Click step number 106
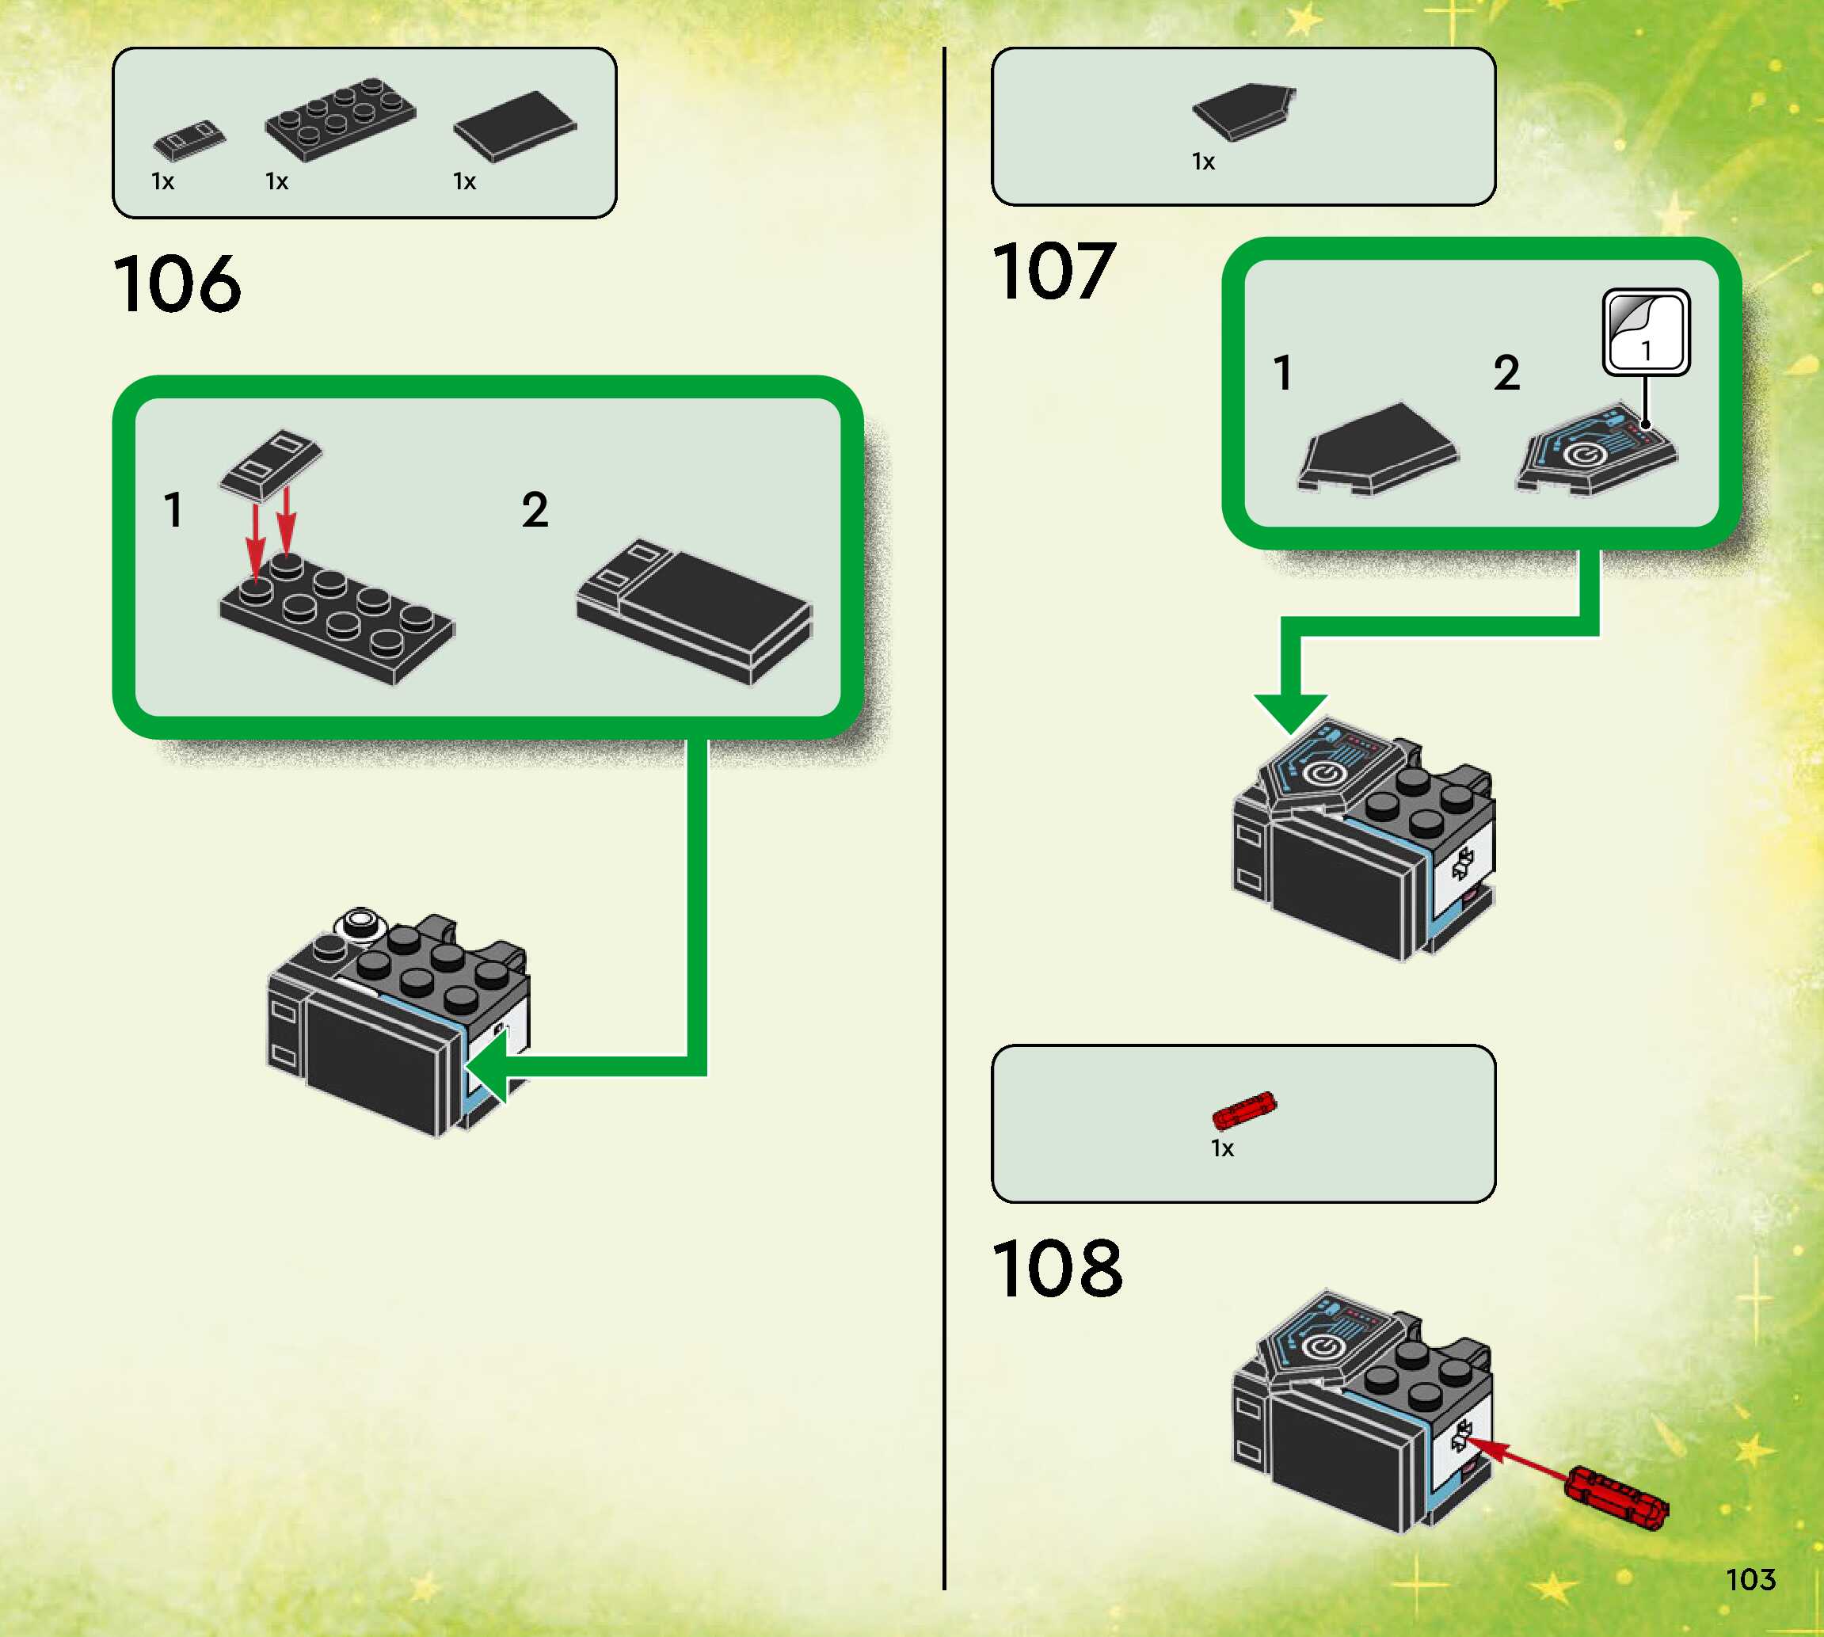pyautogui.click(x=177, y=284)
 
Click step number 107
pyautogui.click(x=1054, y=272)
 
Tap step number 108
pyautogui.click(x=1057, y=1268)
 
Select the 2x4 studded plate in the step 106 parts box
pyautogui.click(x=340, y=120)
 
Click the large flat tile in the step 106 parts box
pyautogui.click(x=515, y=127)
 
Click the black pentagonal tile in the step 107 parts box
pyautogui.click(x=1244, y=111)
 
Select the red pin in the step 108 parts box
pyautogui.click(x=1244, y=1111)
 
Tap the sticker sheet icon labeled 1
pyautogui.click(x=1646, y=331)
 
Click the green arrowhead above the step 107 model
pyautogui.click(x=1291, y=711)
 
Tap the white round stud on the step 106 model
pyautogui.click(x=362, y=922)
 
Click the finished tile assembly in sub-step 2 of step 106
pyautogui.click(x=695, y=610)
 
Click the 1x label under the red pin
pyautogui.click(x=1222, y=1148)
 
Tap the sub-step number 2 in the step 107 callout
pyautogui.click(x=1506, y=373)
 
